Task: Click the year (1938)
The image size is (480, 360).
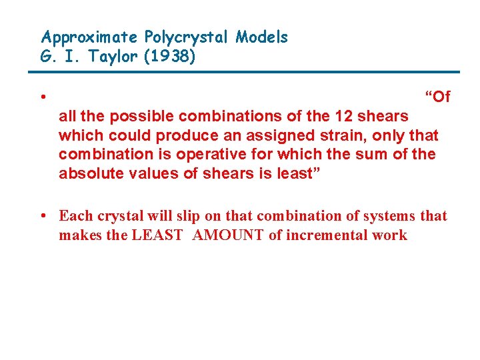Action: pos(170,57)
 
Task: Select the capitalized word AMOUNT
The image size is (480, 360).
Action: pos(227,235)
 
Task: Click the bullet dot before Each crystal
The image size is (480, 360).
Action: pos(43,215)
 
